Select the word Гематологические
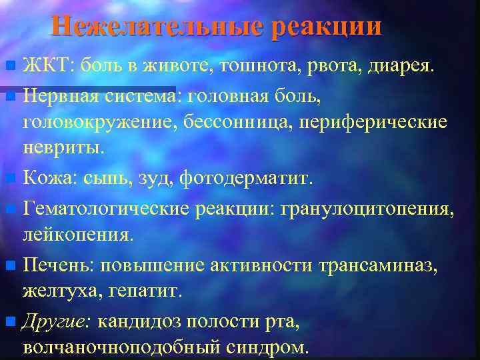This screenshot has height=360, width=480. pyautogui.click(x=106, y=208)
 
